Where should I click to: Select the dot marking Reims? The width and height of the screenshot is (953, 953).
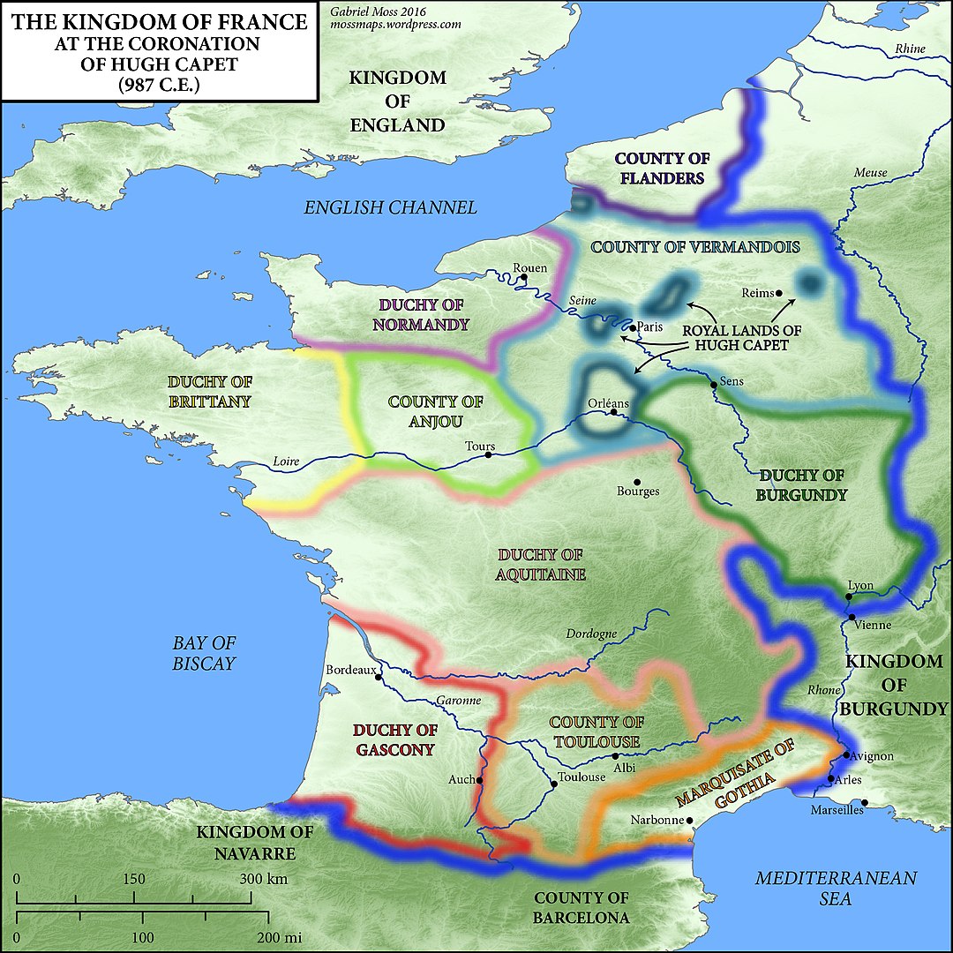[777, 292]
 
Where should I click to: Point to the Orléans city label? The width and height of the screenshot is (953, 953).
[609, 401]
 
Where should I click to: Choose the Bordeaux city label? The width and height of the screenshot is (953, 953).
[351, 670]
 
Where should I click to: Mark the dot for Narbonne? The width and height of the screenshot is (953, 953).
[690, 820]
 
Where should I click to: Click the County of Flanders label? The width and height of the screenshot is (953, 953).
[662, 168]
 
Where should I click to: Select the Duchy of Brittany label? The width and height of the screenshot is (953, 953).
[209, 392]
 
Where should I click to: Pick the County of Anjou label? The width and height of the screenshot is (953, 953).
[436, 411]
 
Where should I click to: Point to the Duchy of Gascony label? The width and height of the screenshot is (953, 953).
[395, 739]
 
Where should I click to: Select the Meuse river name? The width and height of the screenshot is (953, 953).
[870, 173]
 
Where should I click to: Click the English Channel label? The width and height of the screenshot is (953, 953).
[390, 207]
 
